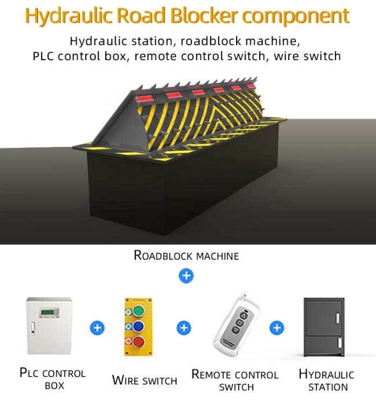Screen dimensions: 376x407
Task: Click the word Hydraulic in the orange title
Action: (x=69, y=16)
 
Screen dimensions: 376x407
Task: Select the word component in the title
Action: (x=296, y=17)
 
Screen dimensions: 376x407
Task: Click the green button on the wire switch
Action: (x=139, y=311)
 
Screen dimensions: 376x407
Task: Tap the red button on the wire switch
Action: (x=139, y=341)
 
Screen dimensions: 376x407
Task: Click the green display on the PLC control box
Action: (x=48, y=312)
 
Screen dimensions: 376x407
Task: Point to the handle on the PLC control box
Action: (x=33, y=328)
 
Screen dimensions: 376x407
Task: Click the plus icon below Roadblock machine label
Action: (x=186, y=276)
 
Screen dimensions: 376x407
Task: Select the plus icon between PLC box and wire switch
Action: (x=97, y=328)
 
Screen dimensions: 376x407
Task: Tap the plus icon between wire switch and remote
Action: (x=184, y=328)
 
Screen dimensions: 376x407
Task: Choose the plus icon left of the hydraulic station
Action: (x=277, y=328)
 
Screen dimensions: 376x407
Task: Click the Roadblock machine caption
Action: (x=186, y=255)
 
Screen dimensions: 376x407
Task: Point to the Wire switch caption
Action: (x=145, y=380)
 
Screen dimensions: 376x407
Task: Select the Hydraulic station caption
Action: (x=327, y=380)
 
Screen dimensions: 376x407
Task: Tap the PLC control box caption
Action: (x=53, y=379)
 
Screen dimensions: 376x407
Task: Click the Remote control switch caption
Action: (x=235, y=380)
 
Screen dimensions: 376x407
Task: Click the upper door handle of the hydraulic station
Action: (x=338, y=318)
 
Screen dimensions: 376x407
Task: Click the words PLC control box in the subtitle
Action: (x=79, y=56)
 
